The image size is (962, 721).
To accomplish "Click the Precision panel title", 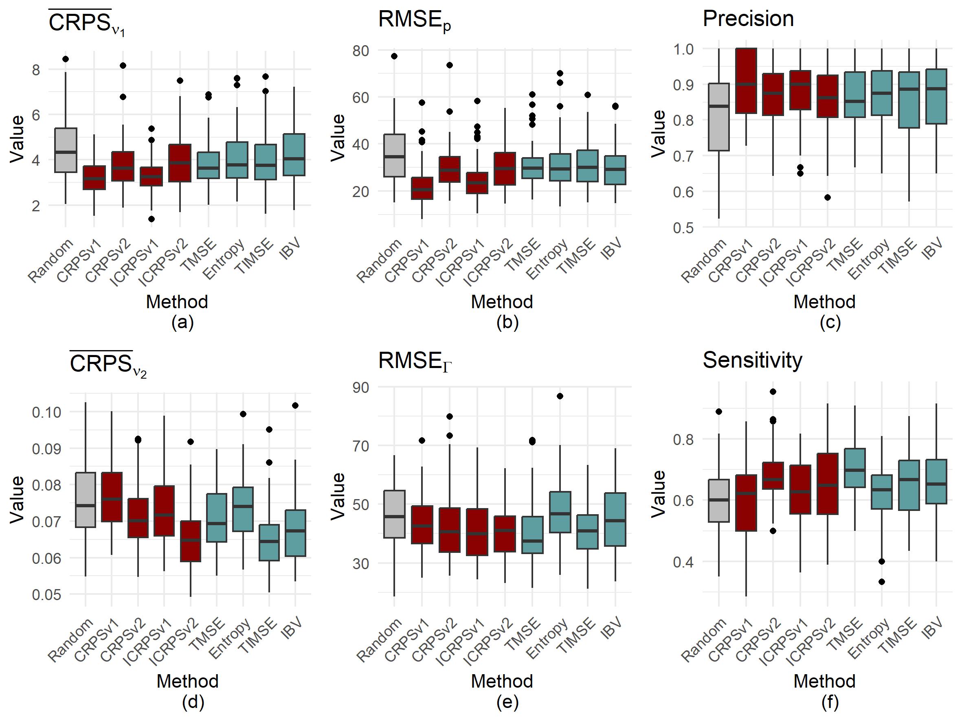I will pyautogui.click(x=748, y=19).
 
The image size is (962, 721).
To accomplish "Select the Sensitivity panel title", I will pyautogui.click(x=752, y=360).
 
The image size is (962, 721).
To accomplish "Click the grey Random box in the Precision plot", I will pyautogui.click(x=718, y=117).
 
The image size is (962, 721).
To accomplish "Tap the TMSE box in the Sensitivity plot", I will pyautogui.click(x=854, y=468).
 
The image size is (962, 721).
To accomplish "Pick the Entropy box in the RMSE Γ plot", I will pyautogui.click(x=560, y=512).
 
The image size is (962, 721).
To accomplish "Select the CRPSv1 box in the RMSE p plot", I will pyautogui.click(x=422, y=188).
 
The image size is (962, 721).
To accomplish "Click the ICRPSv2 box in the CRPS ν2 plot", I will pyautogui.click(x=191, y=541).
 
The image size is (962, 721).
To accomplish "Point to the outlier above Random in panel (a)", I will pyautogui.click(x=66, y=59).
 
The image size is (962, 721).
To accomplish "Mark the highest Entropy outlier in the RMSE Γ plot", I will pyautogui.click(x=560, y=396).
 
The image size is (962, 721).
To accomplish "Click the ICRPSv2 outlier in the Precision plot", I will pyautogui.click(x=827, y=197).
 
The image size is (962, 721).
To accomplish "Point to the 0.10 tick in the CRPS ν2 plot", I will pyautogui.click(x=46, y=412).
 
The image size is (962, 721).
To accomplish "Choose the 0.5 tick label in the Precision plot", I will pyautogui.click(x=684, y=228).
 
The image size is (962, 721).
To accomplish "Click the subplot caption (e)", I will pyautogui.click(x=507, y=702).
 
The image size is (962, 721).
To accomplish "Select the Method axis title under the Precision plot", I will pyautogui.click(x=824, y=302).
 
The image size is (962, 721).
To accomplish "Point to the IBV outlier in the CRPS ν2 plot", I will pyautogui.click(x=295, y=405).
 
